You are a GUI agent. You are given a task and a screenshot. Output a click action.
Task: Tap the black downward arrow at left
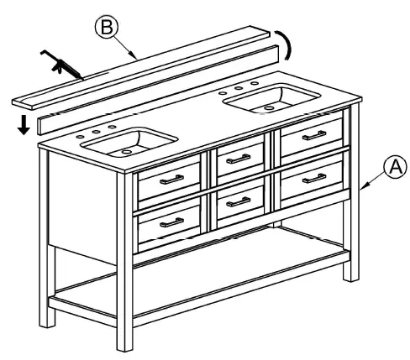[x=25, y=125]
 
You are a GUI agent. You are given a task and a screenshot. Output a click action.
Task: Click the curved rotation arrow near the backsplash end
[x=288, y=43]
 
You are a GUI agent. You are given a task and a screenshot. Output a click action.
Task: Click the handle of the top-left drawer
[x=171, y=178]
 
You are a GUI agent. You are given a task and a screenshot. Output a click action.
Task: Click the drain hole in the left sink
[x=127, y=151]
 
